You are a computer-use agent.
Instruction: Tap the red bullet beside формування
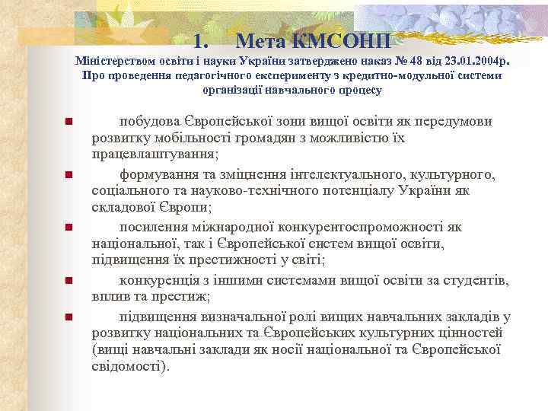click(68, 175)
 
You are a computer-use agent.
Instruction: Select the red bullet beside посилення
click(68, 228)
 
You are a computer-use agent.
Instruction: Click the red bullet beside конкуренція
click(68, 281)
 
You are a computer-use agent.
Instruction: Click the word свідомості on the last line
click(127, 365)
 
